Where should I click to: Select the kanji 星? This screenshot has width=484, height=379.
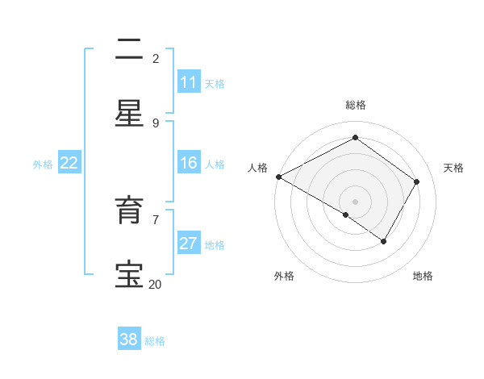pos(129,114)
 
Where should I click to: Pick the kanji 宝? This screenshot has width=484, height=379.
pos(129,275)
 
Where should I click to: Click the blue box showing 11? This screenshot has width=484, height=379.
pos(189,82)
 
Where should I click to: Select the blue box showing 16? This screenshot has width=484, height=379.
pos(189,163)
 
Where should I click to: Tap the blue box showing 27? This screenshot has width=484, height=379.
pos(189,244)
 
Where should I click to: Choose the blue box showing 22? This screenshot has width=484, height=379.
pos(69,163)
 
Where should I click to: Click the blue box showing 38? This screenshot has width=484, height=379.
pos(129,339)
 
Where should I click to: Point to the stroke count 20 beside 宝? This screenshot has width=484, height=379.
pos(155,284)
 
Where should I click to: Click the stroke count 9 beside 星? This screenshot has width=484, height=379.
pos(156,123)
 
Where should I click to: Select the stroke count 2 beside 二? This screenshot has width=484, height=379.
pos(156,58)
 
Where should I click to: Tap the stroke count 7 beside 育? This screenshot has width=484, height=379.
pos(156,219)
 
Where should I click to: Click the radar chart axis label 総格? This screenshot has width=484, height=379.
pos(355,105)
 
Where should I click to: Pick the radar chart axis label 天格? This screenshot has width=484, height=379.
pos(453,168)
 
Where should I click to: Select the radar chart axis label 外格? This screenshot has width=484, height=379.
pos(284,276)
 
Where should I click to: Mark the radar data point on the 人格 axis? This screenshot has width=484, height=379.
pos(278,177)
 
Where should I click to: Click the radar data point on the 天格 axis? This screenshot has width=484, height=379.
pos(417,181)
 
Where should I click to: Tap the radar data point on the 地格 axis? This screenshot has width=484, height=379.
pos(384,241)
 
